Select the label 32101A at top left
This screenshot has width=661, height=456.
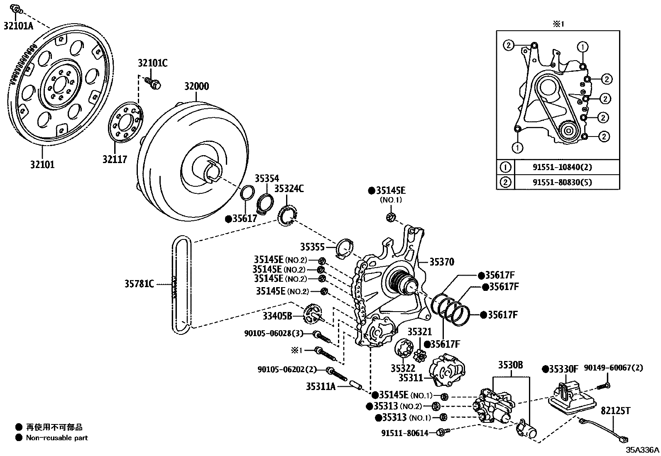[18, 26]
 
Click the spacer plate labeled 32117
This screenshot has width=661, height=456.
[125, 123]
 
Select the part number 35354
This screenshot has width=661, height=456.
[267, 178]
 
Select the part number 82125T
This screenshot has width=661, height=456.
[615, 411]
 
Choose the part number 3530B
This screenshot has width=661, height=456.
[510, 365]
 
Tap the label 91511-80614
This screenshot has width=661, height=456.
[404, 433]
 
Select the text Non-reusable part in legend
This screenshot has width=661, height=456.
[57, 437]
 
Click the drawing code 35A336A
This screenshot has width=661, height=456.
[642, 450]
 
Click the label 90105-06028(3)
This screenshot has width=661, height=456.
[274, 333]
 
